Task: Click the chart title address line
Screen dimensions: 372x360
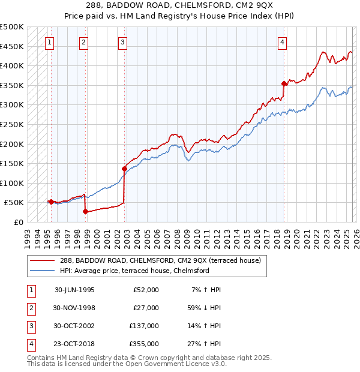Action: [179, 5]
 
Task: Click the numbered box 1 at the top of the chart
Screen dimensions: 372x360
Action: [49, 42]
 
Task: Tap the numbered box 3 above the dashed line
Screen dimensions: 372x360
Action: [122, 42]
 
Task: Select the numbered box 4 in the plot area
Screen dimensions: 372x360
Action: [281, 42]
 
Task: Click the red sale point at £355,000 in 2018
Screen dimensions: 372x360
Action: [284, 83]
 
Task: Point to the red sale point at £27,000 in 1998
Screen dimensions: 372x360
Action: [85, 211]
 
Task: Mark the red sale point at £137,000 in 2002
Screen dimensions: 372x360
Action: [124, 169]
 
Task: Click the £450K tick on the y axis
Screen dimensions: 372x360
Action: [13, 46]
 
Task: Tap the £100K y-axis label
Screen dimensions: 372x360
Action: [13, 183]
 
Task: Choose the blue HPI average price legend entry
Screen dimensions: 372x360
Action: [134, 271]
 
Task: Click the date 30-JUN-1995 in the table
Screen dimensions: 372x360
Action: [74, 290]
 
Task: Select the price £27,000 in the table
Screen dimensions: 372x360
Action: [146, 308]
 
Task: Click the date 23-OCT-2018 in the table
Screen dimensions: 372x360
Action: [74, 344]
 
